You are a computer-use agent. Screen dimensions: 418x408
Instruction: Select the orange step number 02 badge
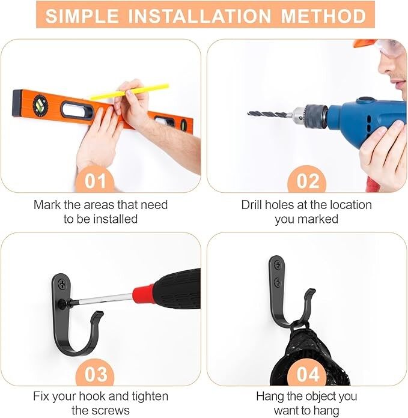307,181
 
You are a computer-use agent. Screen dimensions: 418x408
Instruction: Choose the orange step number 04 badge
307,374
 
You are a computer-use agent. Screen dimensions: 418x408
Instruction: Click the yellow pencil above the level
130,92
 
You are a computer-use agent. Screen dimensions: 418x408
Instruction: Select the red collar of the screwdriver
144,294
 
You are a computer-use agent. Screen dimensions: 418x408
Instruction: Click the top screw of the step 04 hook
278,263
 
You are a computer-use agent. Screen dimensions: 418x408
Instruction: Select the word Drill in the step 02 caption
254,205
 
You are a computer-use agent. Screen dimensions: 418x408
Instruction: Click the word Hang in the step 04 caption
269,396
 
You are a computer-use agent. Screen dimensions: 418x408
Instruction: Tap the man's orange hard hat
365,44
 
